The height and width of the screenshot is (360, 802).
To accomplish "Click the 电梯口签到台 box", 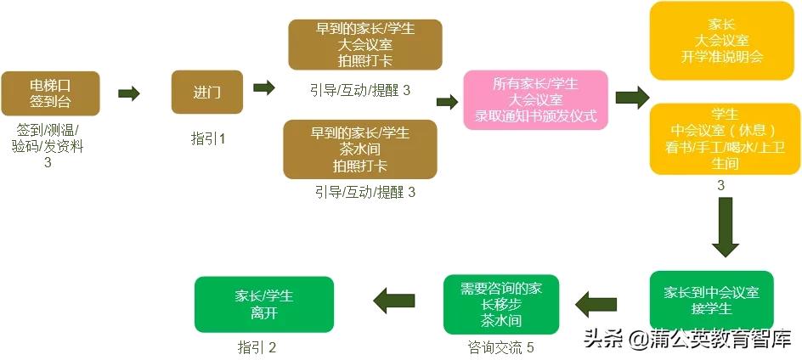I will coord(51,93).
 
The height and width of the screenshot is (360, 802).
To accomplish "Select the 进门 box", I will coord(207,93).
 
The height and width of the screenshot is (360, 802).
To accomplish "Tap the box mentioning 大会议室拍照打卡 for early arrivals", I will coord(365,44).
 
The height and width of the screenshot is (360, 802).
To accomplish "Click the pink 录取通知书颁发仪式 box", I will coord(535,99).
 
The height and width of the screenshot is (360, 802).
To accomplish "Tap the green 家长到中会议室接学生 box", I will coord(711,300).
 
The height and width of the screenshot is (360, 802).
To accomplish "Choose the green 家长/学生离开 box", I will coord(263,305).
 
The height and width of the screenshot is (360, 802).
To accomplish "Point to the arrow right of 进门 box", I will coord(264,87).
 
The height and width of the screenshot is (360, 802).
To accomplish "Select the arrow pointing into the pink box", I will coord(447,102).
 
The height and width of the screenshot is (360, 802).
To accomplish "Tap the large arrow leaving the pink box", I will coord(631,98).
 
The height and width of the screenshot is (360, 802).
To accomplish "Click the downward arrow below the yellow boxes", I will coord(725,227).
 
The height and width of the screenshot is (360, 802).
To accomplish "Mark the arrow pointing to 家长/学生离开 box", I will coord(394,299).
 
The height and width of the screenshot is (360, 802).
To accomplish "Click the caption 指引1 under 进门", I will coord(208,139).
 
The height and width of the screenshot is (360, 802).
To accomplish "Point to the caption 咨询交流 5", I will coord(500,346).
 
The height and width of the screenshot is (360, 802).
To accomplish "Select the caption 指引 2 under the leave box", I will coord(257,347).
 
